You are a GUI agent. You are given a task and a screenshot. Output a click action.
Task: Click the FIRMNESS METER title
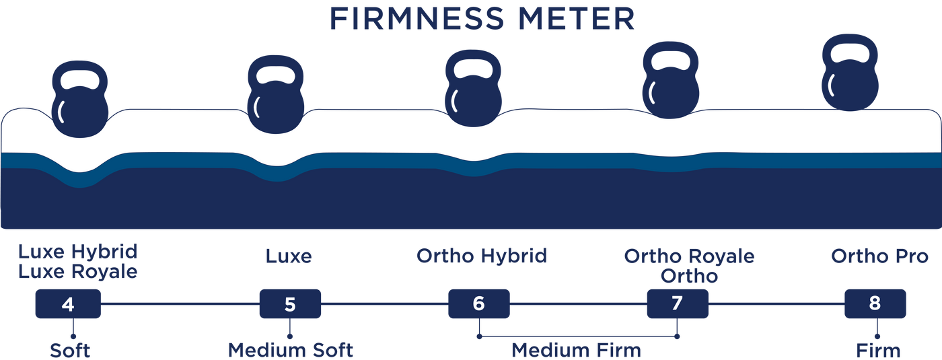click(x=481, y=19)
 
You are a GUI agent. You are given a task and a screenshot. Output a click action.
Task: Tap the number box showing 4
click(x=68, y=304)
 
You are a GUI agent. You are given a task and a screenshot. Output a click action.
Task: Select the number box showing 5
click(x=290, y=304)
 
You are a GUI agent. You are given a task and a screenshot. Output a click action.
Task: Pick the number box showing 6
click(x=479, y=304)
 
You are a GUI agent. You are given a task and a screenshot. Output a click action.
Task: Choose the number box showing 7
click(x=677, y=304)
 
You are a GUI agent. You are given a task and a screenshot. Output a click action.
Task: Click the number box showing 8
click(x=874, y=304)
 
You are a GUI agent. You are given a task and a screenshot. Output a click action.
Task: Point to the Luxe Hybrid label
click(x=77, y=253)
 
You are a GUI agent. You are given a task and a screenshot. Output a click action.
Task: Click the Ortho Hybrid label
click(x=482, y=256)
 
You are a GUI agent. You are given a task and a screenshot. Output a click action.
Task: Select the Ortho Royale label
click(x=689, y=256)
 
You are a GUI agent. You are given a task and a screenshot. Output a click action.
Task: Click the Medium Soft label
click(x=290, y=350)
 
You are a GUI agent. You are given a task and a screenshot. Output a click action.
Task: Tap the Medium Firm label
click(x=575, y=350)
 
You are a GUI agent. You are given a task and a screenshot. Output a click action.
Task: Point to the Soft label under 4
click(x=69, y=350)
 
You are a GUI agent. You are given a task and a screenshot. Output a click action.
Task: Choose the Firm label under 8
click(x=877, y=350)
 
